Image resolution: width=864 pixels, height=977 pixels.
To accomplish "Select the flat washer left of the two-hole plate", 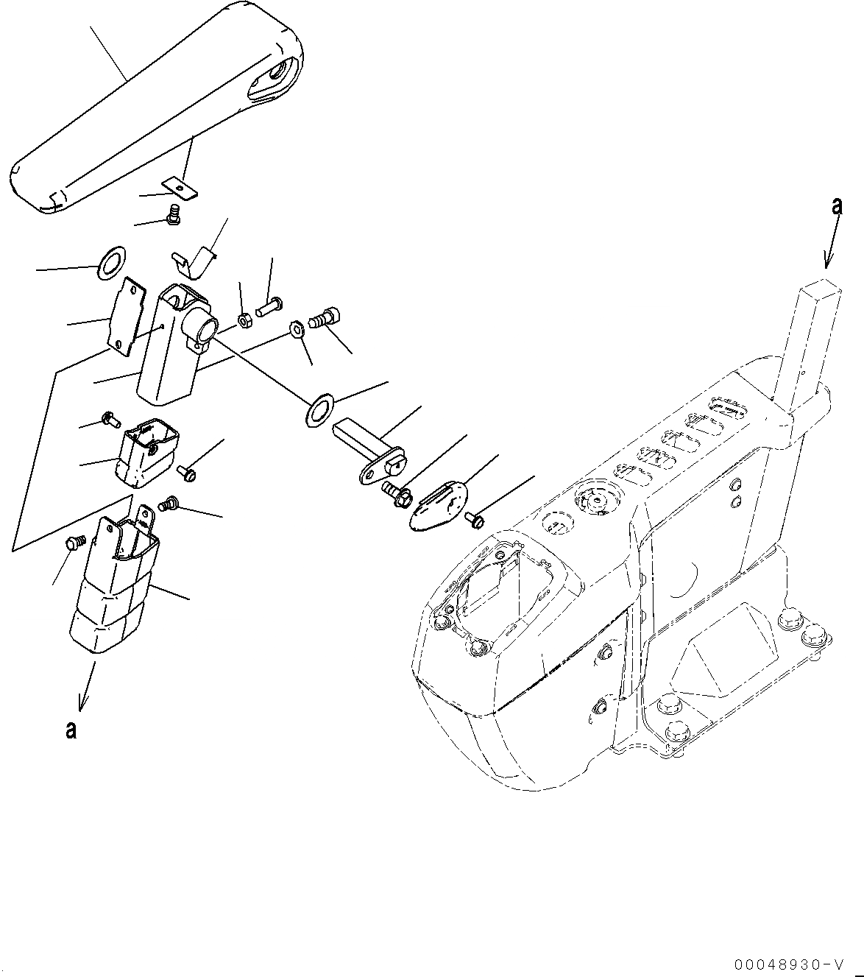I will [112, 263].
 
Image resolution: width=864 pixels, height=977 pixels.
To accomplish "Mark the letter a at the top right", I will [836, 207].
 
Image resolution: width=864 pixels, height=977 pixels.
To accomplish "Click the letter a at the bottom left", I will [70, 730].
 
